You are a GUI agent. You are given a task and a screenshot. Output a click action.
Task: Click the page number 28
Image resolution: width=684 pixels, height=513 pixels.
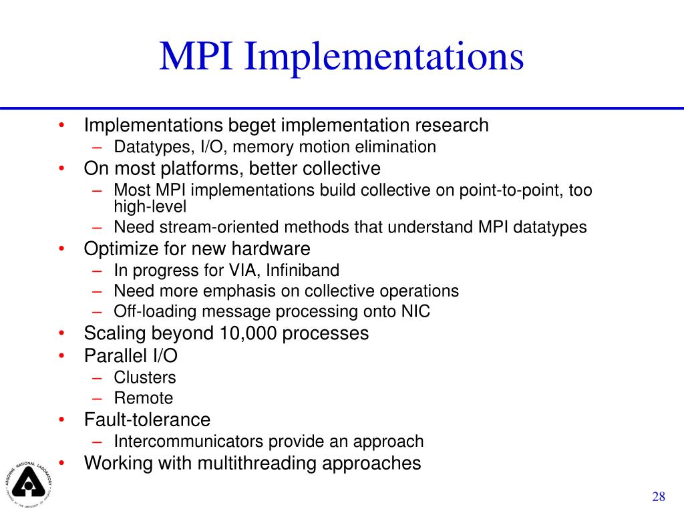pyautogui.click(x=659, y=496)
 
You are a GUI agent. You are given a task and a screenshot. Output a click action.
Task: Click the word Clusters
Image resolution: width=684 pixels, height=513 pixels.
pyautogui.click(x=145, y=377)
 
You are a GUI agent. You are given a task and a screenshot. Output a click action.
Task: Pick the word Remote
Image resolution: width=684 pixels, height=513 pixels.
pyautogui.click(x=143, y=398)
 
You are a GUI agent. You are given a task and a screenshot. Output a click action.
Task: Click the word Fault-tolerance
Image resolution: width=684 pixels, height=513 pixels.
pyautogui.click(x=147, y=419)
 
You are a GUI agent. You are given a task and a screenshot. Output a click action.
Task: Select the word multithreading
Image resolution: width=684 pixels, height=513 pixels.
pyautogui.click(x=260, y=462)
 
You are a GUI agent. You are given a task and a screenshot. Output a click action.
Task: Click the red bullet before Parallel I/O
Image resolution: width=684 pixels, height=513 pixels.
pyautogui.click(x=61, y=355)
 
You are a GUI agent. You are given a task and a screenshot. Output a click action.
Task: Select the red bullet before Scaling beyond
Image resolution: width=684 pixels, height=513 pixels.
pyautogui.click(x=61, y=333)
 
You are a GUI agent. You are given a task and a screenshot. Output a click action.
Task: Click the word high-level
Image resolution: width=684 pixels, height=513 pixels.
pyautogui.click(x=150, y=206)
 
